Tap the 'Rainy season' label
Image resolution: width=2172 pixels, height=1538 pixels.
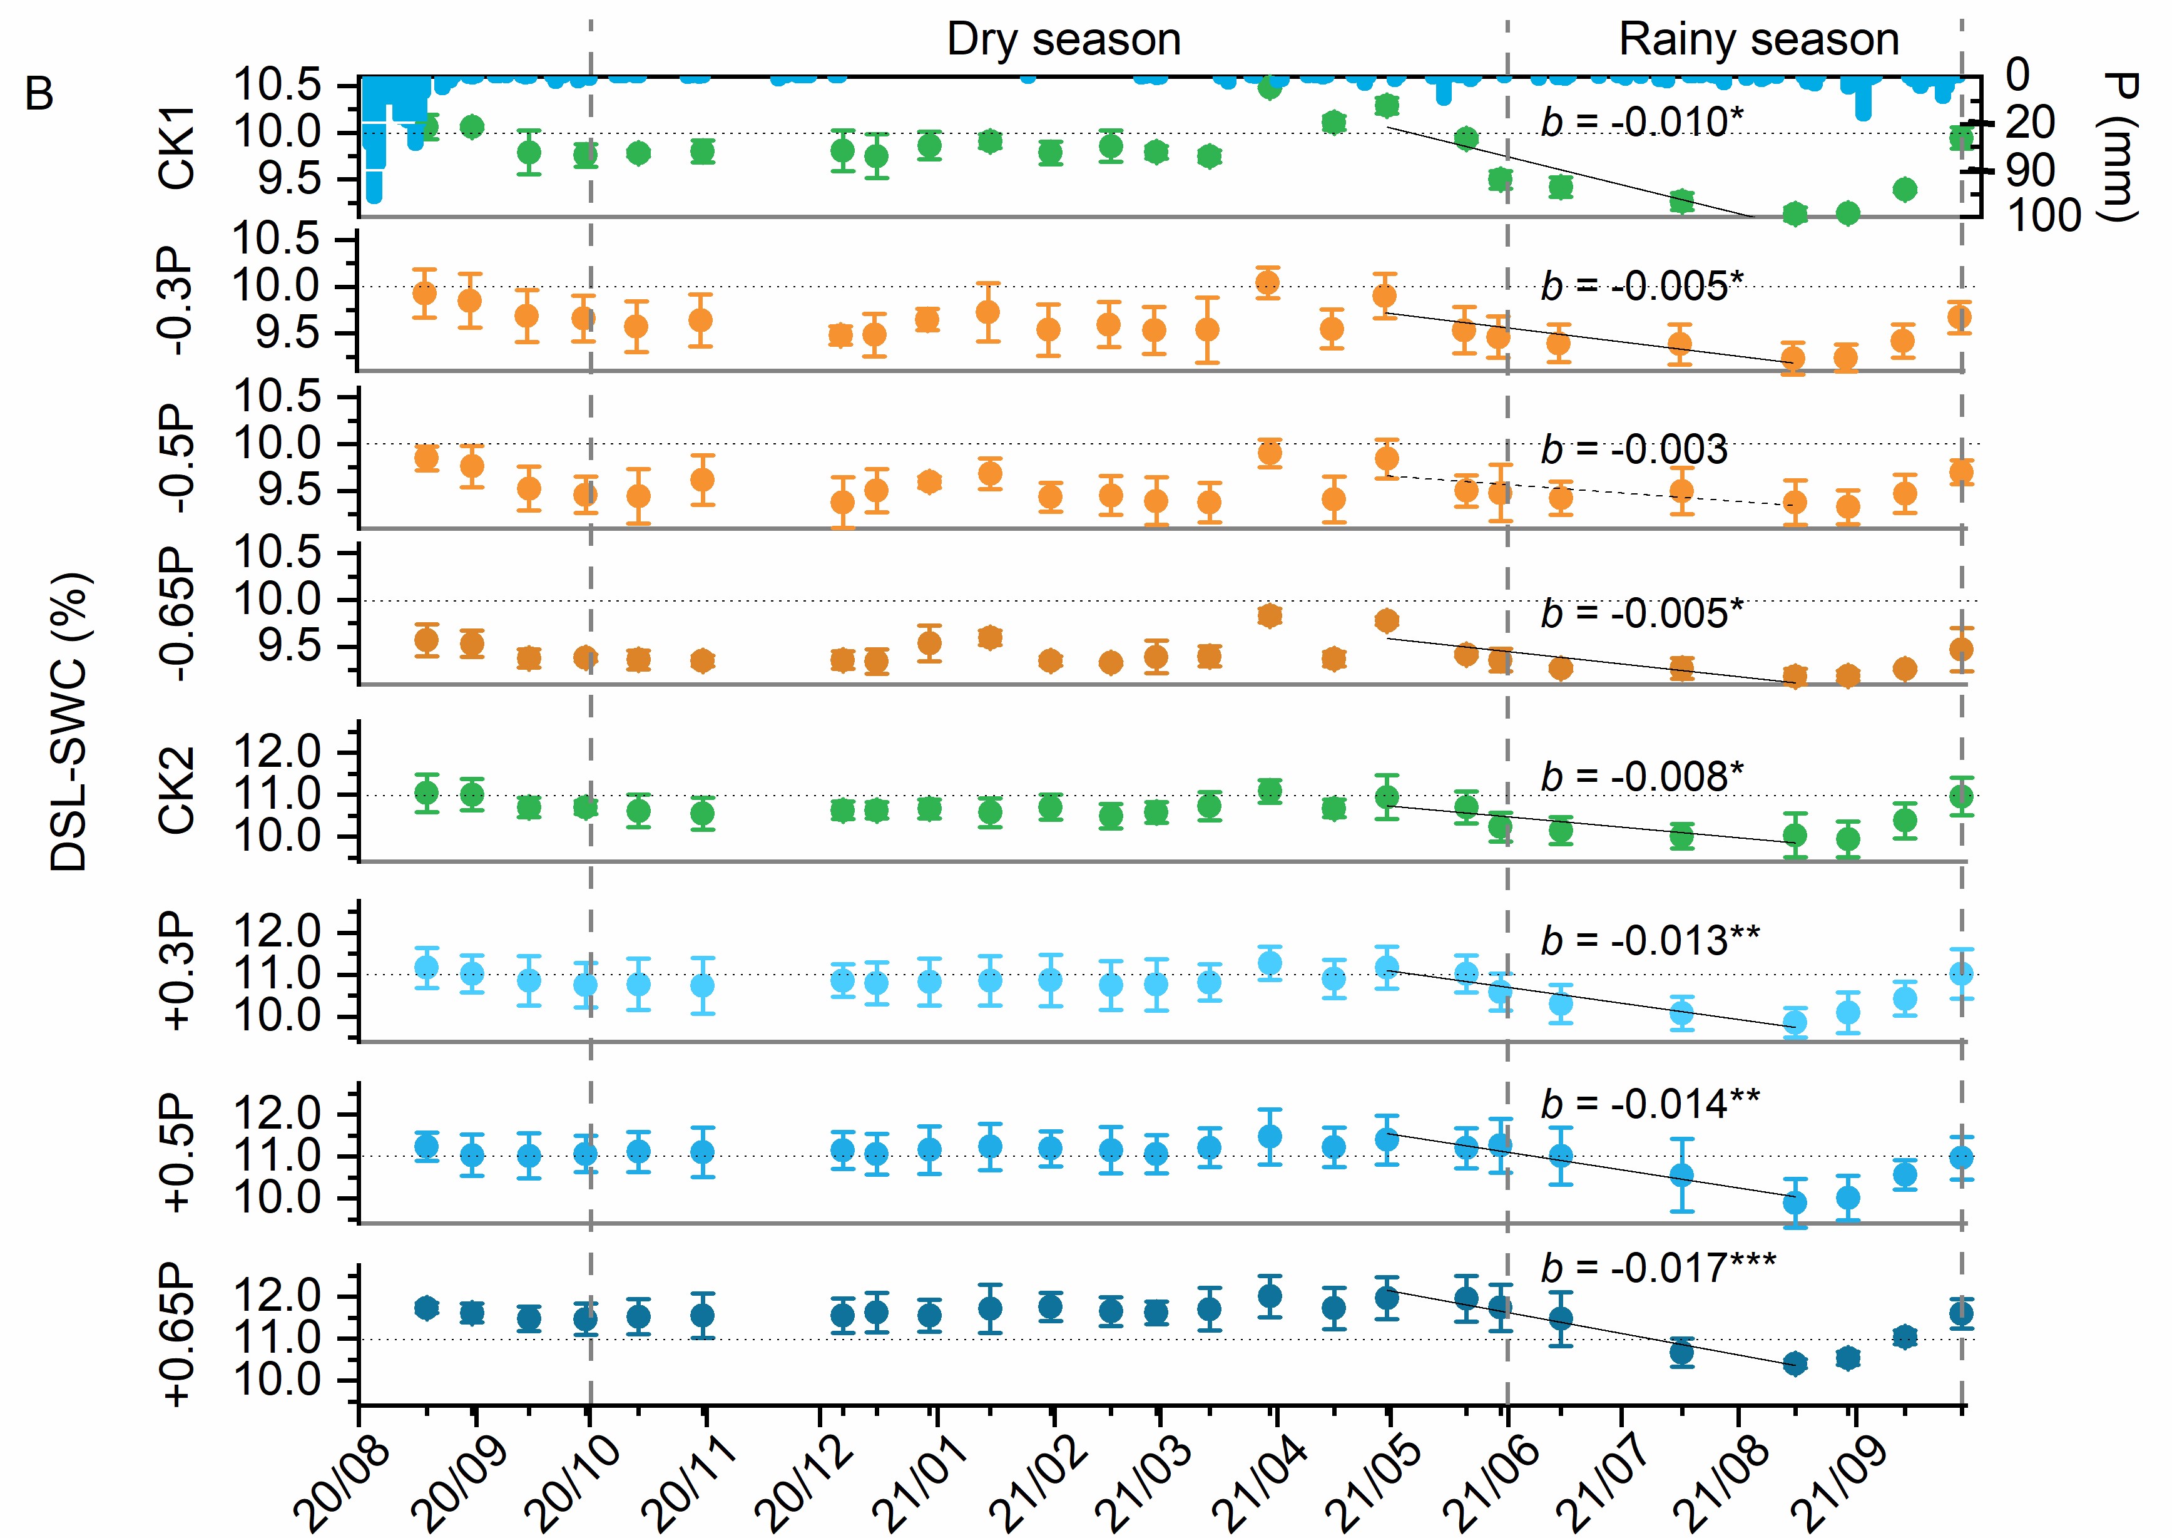coord(1758,40)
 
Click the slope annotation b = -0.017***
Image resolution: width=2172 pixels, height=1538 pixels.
coord(1658,1267)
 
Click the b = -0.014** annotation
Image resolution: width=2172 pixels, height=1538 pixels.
coord(1650,1104)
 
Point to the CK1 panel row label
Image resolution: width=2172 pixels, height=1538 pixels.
coord(177,147)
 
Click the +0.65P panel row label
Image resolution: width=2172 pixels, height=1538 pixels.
coord(177,1335)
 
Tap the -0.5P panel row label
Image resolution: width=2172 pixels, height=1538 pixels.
coord(177,459)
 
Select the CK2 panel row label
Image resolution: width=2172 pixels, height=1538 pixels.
coord(177,791)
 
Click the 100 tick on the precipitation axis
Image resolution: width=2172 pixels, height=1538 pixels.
coord(2044,216)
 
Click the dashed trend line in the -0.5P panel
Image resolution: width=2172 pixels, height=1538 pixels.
coord(1591,491)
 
